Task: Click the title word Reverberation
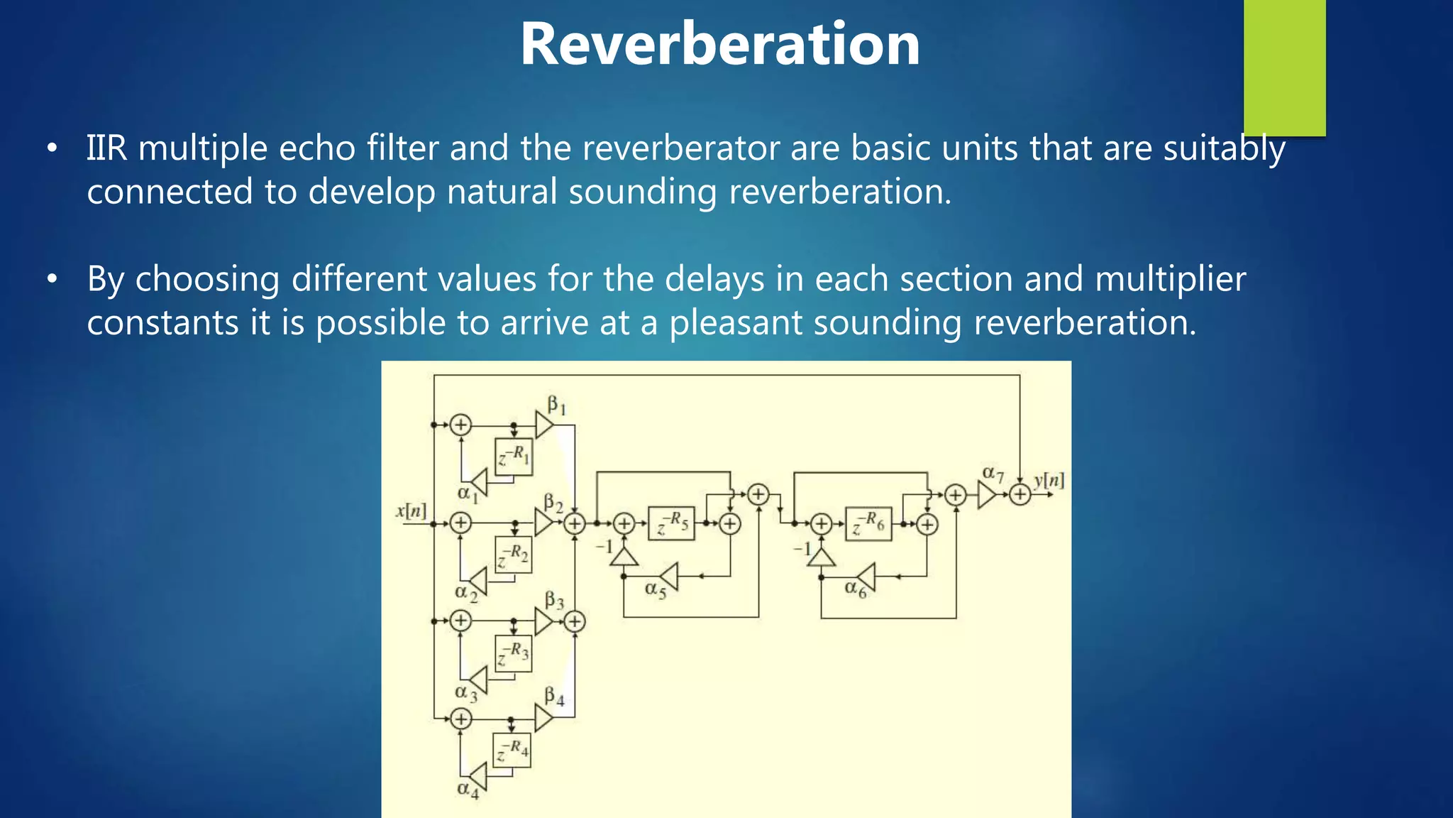pos(720,44)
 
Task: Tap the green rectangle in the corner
pos(1284,67)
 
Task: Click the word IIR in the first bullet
pos(106,148)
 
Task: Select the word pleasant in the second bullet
pos(735,323)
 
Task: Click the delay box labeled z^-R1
pos(514,457)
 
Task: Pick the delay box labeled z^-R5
pos(671,524)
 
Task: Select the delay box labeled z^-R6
pos(868,524)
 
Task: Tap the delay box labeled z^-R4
pos(512,750)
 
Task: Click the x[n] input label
pos(411,511)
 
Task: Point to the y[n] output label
pos(1049,481)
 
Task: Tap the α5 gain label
pos(655,589)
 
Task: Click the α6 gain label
pos(855,589)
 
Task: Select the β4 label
pos(554,696)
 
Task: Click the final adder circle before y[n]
pos(1020,494)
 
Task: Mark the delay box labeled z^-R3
pos(513,652)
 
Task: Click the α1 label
pos(467,493)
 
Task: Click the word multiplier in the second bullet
pos(1170,279)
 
